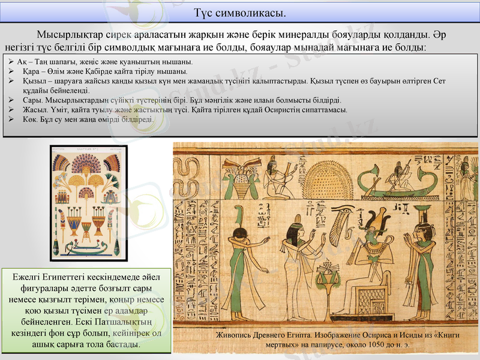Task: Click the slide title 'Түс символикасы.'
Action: (x=239, y=12)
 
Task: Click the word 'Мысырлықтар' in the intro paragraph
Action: (x=67, y=34)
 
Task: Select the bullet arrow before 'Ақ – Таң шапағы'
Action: (x=11, y=62)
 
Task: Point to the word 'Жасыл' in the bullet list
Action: (x=34, y=110)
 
